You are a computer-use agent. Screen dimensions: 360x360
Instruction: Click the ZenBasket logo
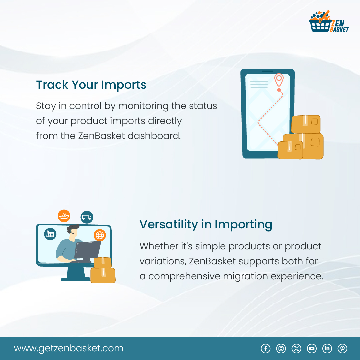(x=329, y=22)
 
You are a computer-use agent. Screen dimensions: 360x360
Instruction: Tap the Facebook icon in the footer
(x=265, y=349)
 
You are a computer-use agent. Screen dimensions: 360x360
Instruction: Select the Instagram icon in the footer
(x=281, y=349)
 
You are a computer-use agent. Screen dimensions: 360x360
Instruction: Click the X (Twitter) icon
(x=296, y=349)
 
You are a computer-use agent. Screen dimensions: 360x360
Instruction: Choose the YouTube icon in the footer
(x=312, y=349)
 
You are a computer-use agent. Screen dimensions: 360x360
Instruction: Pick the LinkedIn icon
(x=327, y=349)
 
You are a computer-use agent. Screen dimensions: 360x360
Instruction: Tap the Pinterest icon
(x=342, y=349)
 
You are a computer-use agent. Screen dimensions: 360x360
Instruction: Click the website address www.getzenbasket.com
(x=69, y=348)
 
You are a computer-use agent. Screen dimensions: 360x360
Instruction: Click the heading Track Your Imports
(x=91, y=85)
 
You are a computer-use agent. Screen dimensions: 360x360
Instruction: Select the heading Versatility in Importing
(x=206, y=224)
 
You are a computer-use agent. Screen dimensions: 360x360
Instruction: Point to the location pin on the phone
(x=279, y=80)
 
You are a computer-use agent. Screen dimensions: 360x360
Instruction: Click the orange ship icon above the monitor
(x=64, y=216)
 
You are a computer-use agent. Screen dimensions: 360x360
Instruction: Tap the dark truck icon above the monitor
(x=87, y=217)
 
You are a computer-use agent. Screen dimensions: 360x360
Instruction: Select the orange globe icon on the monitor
(x=100, y=235)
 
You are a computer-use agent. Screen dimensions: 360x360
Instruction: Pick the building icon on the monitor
(x=50, y=234)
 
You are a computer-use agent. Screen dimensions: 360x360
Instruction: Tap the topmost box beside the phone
(x=306, y=124)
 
